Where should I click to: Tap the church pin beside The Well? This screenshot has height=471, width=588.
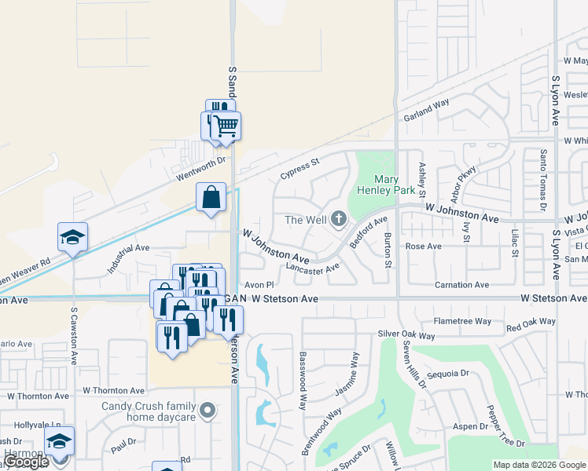(339, 219)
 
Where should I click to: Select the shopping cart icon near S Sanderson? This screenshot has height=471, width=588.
(226, 125)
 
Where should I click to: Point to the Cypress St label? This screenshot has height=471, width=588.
(300, 169)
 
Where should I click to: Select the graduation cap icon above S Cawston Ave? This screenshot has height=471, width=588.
(72, 236)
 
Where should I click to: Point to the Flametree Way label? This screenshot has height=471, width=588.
(462, 321)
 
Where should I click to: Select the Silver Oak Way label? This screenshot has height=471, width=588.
(406, 335)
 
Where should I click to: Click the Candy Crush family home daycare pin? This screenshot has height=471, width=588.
(207, 409)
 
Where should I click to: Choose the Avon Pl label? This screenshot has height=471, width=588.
(259, 284)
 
